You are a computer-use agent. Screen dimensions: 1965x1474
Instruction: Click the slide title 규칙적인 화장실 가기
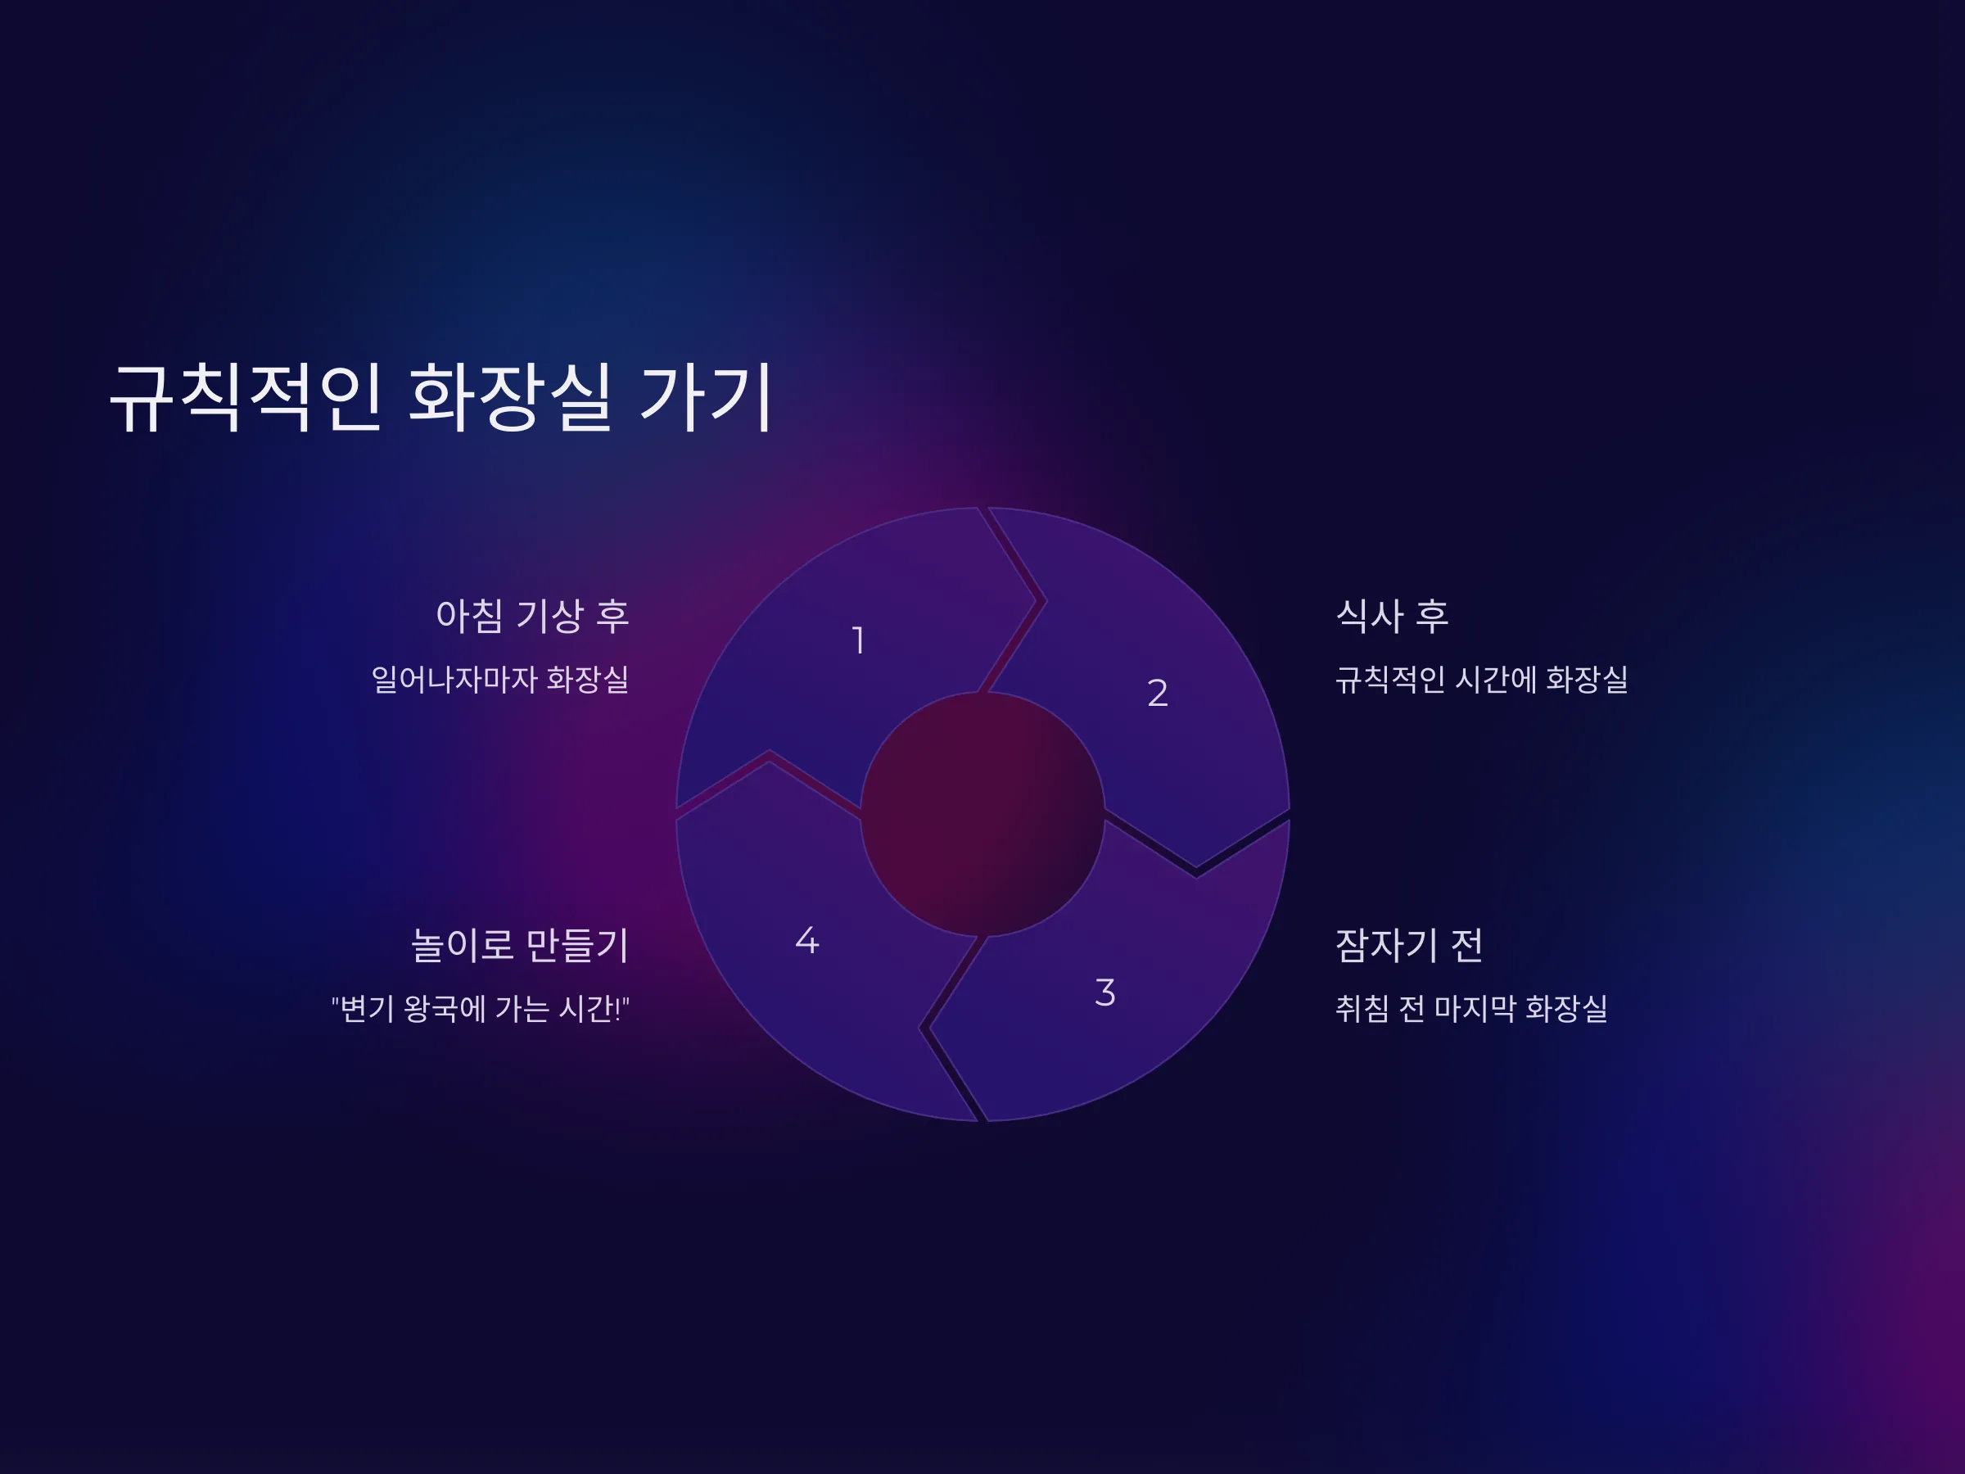(x=440, y=397)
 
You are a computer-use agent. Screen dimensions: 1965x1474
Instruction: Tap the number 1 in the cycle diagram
(x=858, y=640)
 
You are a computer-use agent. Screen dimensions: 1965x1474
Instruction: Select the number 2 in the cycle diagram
(x=1158, y=693)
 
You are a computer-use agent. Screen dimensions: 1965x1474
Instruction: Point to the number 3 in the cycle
(x=1105, y=992)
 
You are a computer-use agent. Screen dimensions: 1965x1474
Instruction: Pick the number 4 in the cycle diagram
(x=806, y=940)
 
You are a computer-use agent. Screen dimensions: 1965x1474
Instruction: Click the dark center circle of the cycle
(x=982, y=814)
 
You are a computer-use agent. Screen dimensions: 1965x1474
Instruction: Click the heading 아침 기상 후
(x=532, y=616)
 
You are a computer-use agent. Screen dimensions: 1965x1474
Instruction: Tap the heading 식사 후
(x=1391, y=616)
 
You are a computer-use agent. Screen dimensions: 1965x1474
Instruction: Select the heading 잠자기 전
(x=1409, y=944)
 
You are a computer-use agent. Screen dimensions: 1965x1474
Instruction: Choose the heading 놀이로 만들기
(x=520, y=944)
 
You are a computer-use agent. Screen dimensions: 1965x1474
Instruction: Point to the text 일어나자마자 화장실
(x=500, y=680)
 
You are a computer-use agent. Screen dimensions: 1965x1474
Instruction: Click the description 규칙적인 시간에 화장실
(x=1482, y=680)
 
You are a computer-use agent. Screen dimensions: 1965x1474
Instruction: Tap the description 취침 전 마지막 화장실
(x=1471, y=1008)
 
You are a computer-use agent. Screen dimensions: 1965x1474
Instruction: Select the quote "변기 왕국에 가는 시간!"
(x=481, y=1008)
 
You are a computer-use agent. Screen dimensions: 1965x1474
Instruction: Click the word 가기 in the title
(x=707, y=397)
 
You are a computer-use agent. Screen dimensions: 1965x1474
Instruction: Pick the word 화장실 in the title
(x=510, y=397)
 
